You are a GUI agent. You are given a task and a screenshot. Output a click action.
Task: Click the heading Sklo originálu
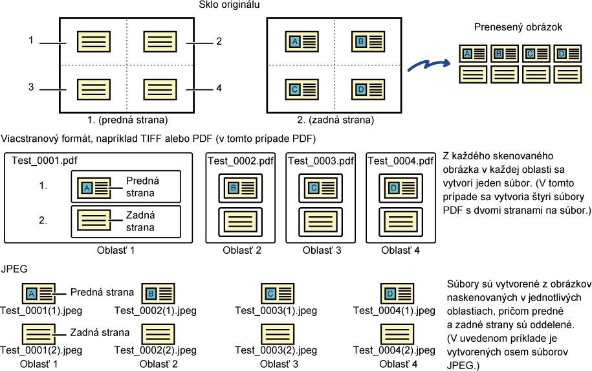[x=229, y=5]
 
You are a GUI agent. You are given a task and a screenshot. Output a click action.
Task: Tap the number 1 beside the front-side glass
[x=31, y=40]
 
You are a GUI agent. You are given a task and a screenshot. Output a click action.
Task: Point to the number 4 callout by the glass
[x=219, y=88]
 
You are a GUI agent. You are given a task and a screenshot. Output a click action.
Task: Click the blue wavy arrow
[x=429, y=65]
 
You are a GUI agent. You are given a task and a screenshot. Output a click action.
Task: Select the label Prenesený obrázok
[x=518, y=27]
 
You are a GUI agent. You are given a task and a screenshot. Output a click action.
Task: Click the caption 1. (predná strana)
[x=127, y=120]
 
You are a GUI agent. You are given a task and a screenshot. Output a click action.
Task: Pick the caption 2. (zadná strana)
[x=336, y=120]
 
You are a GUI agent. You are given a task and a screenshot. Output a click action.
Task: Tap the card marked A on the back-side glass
[x=301, y=41]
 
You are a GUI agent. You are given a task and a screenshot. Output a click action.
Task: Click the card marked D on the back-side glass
[x=368, y=89]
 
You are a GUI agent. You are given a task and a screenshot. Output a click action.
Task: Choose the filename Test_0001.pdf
[x=44, y=161]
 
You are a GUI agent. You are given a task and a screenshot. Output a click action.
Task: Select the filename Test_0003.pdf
[x=321, y=161]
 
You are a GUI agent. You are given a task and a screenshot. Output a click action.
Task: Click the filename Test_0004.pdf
[x=400, y=161]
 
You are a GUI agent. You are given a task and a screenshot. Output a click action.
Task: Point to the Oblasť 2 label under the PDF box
[x=242, y=250]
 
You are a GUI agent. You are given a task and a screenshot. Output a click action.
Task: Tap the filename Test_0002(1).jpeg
[x=155, y=311]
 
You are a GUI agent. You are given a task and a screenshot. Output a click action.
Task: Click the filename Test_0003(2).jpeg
[x=276, y=350]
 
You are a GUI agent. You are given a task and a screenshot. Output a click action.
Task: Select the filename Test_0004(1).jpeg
[x=394, y=311]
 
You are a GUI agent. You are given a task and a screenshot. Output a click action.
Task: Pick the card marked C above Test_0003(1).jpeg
[x=278, y=293]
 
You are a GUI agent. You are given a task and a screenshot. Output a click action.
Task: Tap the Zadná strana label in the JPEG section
[x=100, y=332]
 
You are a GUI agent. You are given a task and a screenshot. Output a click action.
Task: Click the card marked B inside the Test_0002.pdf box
[x=241, y=188]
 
